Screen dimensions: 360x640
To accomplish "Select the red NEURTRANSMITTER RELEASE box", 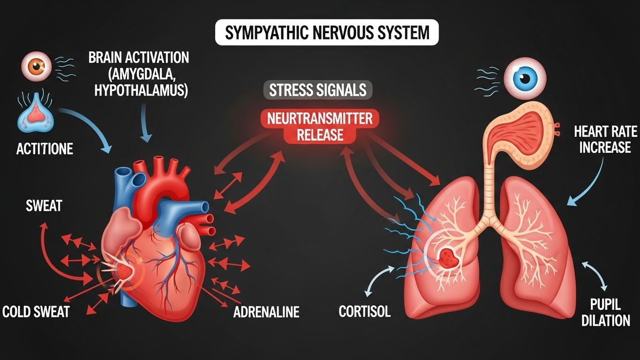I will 320,127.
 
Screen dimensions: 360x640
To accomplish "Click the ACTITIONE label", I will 45,149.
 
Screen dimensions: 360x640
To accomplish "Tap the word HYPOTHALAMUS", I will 141,90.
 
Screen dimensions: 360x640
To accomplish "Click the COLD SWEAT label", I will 36,312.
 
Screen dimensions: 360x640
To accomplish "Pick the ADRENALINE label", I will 266,312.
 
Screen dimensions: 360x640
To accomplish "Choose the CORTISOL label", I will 364,312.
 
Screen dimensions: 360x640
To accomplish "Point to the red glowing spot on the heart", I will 124,270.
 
